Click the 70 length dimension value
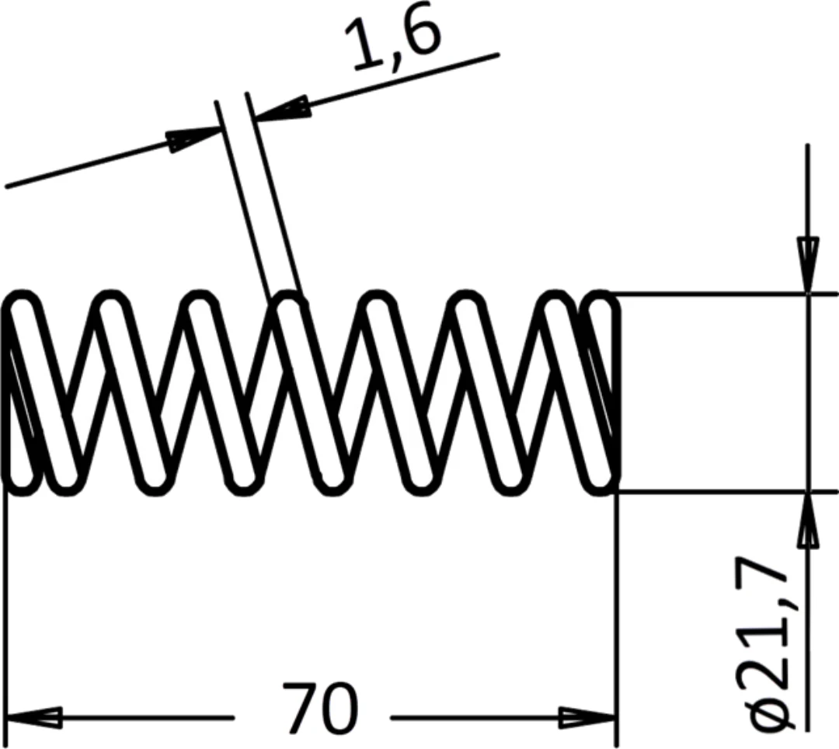(x=319, y=707)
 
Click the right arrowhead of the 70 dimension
(x=588, y=717)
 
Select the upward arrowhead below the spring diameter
(x=808, y=520)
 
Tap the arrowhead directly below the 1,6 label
(x=282, y=109)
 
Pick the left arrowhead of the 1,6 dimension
(x=193, y=138)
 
